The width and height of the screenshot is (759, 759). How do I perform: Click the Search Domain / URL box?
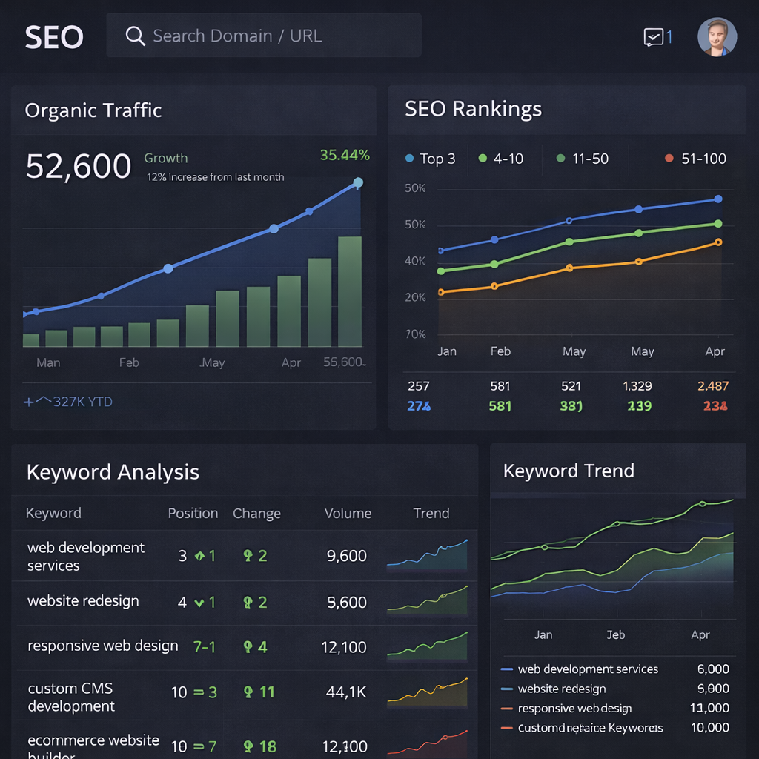point(264,36)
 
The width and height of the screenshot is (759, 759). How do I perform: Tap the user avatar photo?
point(717,37)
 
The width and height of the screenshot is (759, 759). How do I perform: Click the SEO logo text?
point(54,37)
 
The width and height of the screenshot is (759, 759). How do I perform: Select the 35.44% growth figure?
point(345,155)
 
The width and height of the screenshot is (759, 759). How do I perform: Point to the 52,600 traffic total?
point(79,166)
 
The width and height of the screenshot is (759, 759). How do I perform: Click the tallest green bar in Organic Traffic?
point(350,291)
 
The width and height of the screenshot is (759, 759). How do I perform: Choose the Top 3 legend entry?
point(431,159)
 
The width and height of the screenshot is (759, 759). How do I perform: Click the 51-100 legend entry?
point(696,159)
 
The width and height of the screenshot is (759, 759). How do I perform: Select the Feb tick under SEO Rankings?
point(500,351)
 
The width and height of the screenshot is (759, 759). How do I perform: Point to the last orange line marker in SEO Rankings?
point(717,242)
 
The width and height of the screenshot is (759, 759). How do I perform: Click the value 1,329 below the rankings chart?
point(637,386)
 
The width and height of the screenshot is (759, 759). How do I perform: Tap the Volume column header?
point(348,513)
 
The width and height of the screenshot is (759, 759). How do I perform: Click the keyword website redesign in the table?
point(83,601)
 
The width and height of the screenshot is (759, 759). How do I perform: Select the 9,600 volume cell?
point(347,556)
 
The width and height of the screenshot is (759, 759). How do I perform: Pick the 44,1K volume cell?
point(347,692)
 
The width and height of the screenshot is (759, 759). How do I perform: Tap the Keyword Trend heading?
point(569,471)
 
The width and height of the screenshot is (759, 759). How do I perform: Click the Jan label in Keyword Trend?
point(543,634)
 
